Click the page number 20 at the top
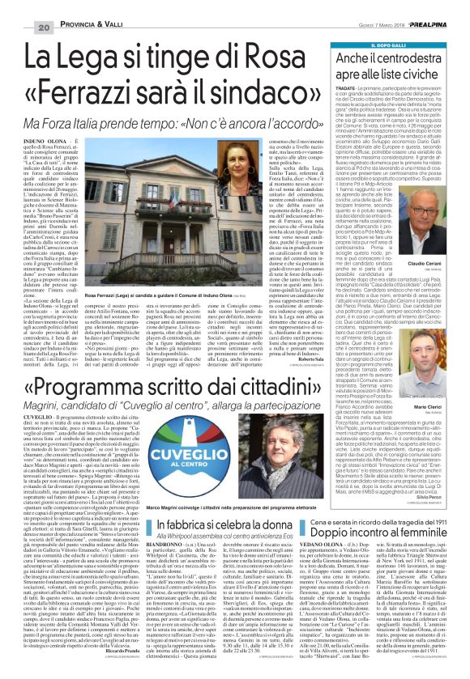pos(21,6)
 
